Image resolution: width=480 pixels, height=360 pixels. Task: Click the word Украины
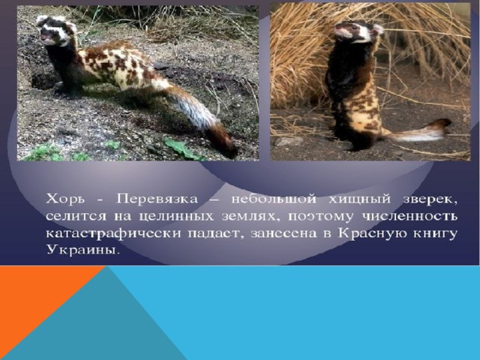(82, 250)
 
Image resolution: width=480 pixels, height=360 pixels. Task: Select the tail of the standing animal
(419, 131)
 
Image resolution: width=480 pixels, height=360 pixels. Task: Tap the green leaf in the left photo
(181, 148)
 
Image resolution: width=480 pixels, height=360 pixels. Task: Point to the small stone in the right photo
(289, 142)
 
